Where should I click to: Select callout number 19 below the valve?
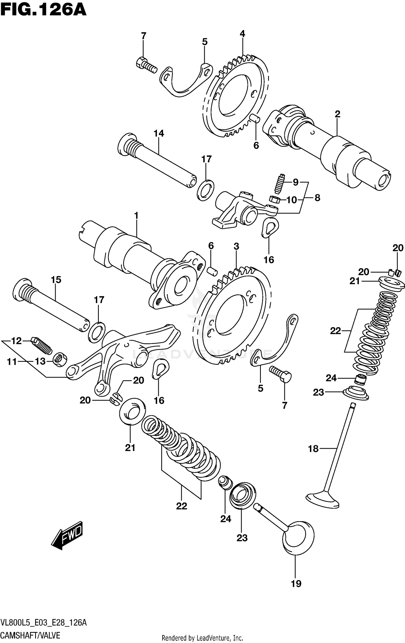[x=296, y=584]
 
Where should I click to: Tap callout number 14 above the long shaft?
[x=159, y=133]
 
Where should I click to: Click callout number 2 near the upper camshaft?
[x=337, y=114]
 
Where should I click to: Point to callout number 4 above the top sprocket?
[x=242, y=34]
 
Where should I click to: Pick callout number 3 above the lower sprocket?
[x=236, y=246]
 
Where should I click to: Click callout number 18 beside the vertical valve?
[x=313, y=449]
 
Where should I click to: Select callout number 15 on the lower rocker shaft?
[x=56, y=279]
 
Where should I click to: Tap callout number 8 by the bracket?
[x=317, y=198]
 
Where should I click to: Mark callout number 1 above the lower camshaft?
[x=136, y=215]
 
